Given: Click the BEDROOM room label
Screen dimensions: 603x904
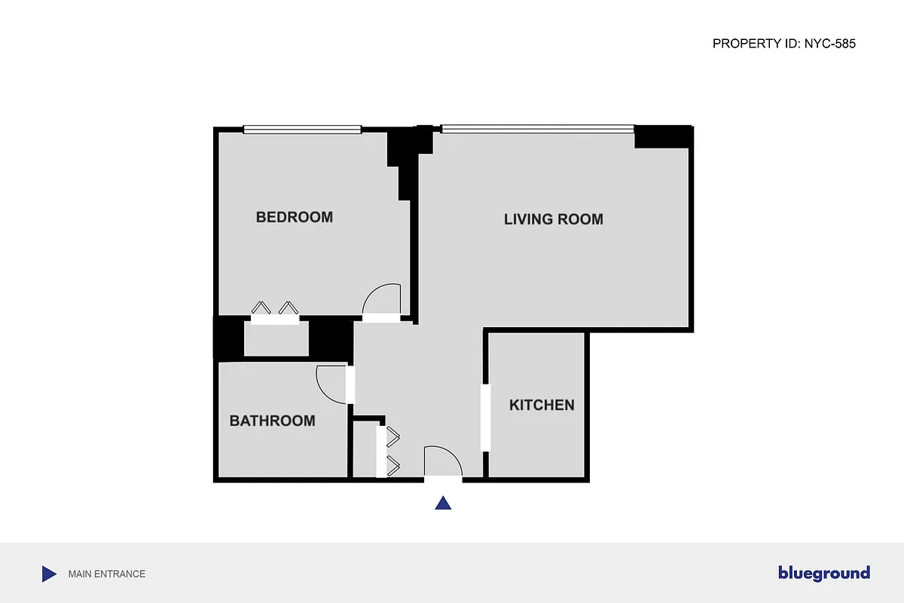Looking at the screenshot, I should coord(294,217).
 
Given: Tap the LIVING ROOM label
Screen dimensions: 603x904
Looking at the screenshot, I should coord(553,219).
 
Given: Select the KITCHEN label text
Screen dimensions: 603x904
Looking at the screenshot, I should coord(542,405).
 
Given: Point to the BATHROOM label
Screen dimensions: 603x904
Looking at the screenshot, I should coord(272,421).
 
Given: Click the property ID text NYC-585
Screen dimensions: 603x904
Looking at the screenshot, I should coord(783,44).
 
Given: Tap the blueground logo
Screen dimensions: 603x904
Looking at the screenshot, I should coord(823,574).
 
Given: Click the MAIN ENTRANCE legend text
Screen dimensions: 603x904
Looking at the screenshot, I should coord(106,574).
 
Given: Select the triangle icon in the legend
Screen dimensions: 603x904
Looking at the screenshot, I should coord(49,574).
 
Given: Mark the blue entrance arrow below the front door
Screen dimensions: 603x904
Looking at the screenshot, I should coord(444,503).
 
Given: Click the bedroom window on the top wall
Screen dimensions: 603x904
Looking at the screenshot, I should coord(302,130).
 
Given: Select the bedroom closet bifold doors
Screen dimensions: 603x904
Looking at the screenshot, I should coord(275,309).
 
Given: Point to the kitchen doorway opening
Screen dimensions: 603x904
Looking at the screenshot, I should coord(486,418).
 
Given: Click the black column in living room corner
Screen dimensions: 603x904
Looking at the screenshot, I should coord(662,137).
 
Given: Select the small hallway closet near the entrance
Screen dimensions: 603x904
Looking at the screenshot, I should coord(365,450).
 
